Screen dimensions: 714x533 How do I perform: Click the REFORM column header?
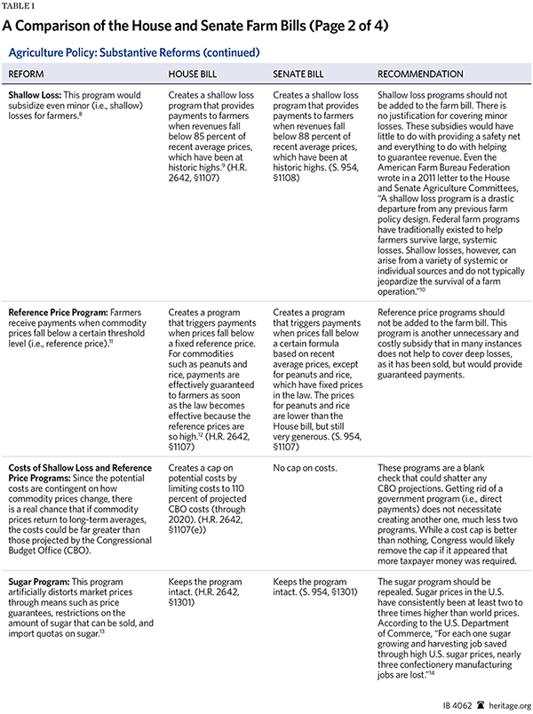[x=29, y=74]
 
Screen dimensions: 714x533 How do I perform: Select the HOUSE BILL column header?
[x=194, y=74]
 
